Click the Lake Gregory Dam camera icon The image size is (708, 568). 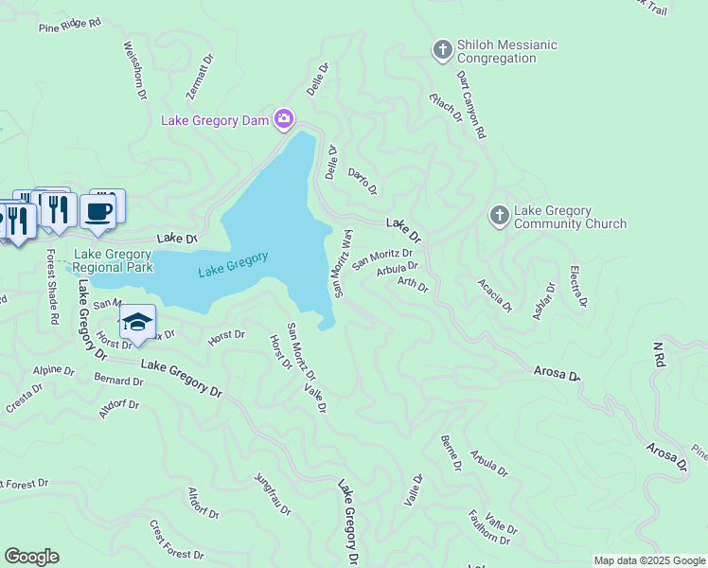[x=283, y=119]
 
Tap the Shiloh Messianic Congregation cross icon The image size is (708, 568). [x=442, y=50]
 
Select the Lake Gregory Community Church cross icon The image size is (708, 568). [x=499, y=216]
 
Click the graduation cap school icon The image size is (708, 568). [x=137, y=322]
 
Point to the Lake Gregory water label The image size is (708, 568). [x=234, y=264]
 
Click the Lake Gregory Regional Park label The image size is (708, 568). [x=113, y=260]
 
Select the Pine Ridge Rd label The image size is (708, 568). [x=69, y=24]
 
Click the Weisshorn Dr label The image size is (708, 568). [x=133, y=69]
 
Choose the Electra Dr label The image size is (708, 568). [x=578, y=287]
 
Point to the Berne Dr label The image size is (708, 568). [x=451, y=453]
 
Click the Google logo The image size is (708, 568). [x=31, y=557]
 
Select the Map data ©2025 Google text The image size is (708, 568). [x=648, y=560]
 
